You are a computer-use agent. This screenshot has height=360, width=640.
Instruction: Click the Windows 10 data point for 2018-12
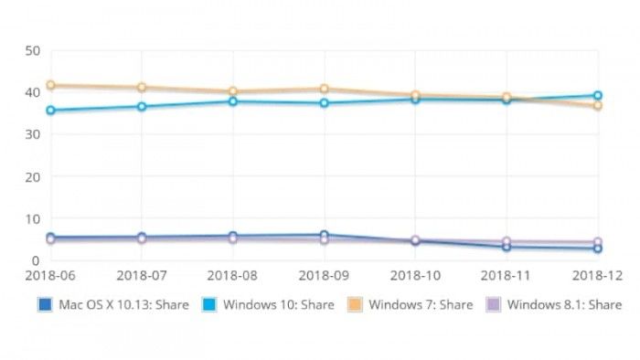click(597, 95)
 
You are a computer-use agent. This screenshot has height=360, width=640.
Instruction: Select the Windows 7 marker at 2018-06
click(50, 85)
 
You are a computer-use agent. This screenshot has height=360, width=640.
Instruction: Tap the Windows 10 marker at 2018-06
click(50, 111)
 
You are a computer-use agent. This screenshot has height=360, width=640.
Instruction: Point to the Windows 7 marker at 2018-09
click(324, 89)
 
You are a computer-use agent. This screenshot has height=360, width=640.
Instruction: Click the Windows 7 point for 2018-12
click(597, 106)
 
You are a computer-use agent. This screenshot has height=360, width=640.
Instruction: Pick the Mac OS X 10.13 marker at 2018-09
click(324, 235)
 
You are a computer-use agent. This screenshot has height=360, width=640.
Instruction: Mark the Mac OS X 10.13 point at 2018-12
click(597, 249)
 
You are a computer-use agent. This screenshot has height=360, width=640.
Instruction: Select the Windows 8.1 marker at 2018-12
click(597, 242)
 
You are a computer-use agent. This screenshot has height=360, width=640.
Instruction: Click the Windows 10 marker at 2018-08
click(233, 101)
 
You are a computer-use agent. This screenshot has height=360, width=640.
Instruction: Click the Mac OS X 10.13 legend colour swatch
click(43, 304)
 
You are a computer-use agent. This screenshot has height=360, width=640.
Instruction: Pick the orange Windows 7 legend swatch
click(357, 304)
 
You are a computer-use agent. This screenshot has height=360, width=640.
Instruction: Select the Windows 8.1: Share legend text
click(564, 304)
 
